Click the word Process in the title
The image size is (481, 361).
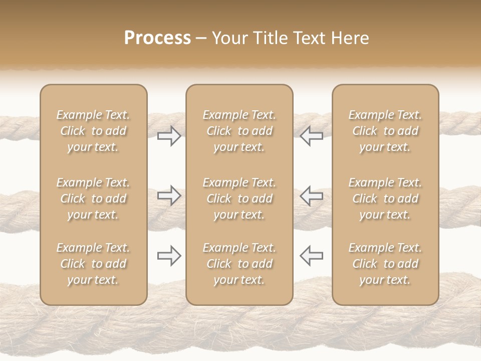[157, 38]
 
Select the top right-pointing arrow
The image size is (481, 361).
[169, 135]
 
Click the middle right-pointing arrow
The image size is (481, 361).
[169, 195]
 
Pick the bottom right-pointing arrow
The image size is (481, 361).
[169, 256]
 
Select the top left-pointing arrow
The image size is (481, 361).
[311, 135]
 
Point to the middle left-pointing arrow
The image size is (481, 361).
[311, 195]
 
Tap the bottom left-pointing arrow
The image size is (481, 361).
[311, 256]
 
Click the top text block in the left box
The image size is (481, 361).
[93, 131]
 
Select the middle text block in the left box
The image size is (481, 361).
[93, 199]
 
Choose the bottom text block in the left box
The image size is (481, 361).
[93, 264]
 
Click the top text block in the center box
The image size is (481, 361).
[239, 131]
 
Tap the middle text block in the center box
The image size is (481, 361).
[239, 199]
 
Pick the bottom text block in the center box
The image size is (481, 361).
[239, 264]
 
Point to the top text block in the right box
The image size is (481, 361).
[385, 131]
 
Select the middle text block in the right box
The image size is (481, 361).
[385, 199]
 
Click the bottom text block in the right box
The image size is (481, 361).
[385, 264]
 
